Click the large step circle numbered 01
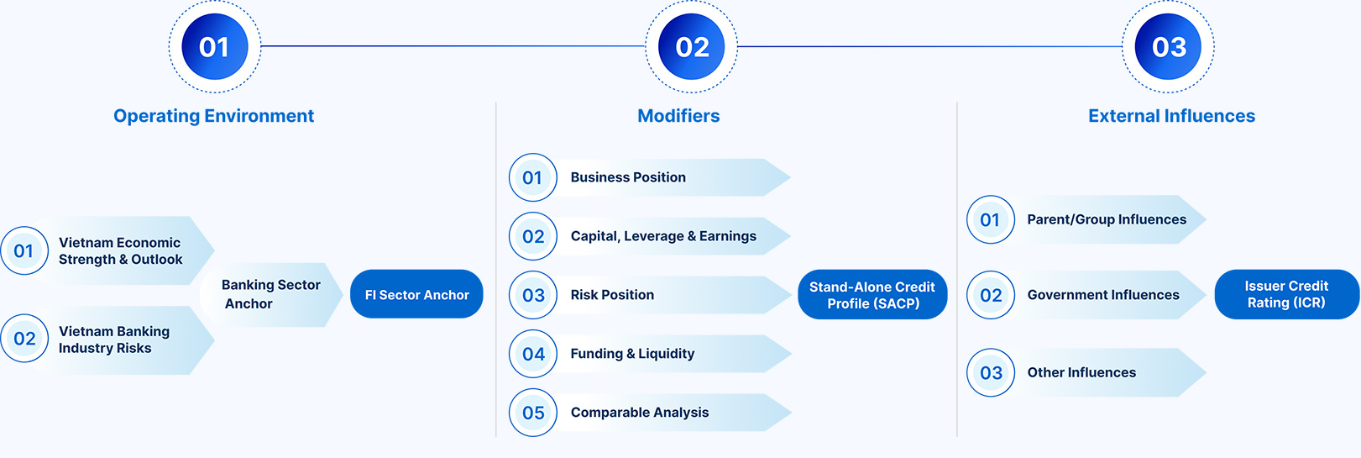[214, 47]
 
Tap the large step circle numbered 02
[692, 47]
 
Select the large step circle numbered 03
[1168, 47]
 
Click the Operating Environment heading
[214, 116]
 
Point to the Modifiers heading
[678, 116]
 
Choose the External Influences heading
[1171, 116]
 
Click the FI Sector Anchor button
[416, 294]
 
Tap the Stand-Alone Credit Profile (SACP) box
[872, 294]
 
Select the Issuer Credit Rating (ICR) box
[1287, 294]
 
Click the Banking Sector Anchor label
[271, 294]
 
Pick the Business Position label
[628, 177]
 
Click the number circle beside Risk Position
[533, 295]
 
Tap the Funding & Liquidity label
[632, 354]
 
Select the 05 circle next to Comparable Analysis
[533, 413]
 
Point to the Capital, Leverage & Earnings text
[663, 236]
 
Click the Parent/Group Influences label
[1107, 219]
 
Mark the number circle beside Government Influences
[991, 295]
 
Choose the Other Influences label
[1081, 372]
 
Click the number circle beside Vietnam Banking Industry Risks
[25, 338]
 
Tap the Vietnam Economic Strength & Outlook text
[120, 250]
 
